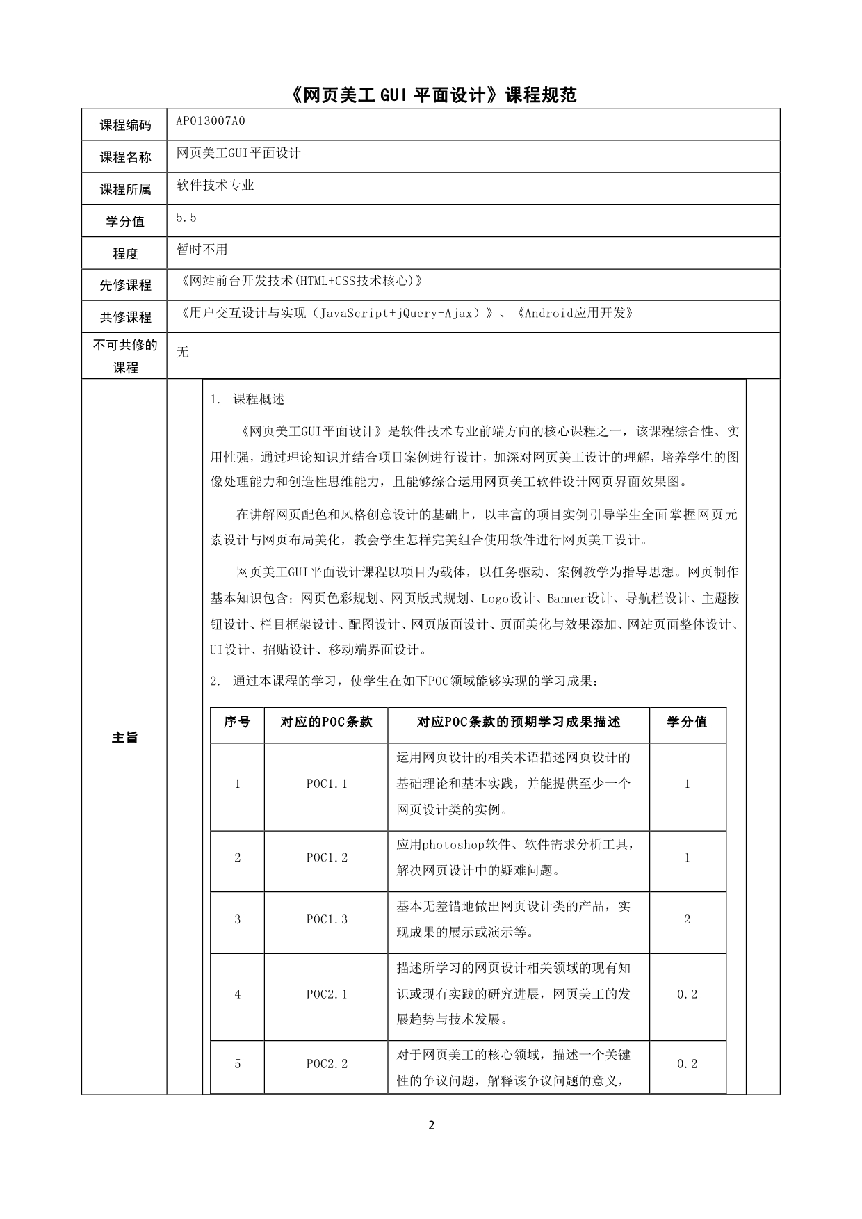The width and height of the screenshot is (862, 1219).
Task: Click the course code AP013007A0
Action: [x=210, y=121]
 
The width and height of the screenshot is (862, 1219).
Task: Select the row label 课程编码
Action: [x=125, y=125]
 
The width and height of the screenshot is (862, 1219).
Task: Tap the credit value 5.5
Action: [x=186, y=218]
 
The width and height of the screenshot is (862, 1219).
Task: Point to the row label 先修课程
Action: [x=125, y=285]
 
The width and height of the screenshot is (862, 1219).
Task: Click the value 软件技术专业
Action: [x=215, y=185]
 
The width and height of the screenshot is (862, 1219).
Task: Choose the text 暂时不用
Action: [x=202, y=249]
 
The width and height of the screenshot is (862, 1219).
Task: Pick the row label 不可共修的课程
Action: [x=125, y=356]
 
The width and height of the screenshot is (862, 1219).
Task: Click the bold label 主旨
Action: [x=125, y=738]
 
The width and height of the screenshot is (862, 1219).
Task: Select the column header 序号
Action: [x=237, y=722]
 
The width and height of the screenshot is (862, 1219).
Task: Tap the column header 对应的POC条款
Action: [x=326, y=722]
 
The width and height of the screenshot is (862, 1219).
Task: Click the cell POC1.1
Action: [x=327, y=784]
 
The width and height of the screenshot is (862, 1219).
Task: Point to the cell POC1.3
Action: [x=327, y=919]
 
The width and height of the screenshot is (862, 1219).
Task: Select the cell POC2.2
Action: [x=327, y=1064]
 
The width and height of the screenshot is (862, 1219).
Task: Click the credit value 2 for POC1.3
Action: [x=688, y=919]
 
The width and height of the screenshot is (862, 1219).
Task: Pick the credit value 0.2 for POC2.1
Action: [x=687, y=994]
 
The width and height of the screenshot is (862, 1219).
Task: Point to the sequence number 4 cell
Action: [x=237, y=994]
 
